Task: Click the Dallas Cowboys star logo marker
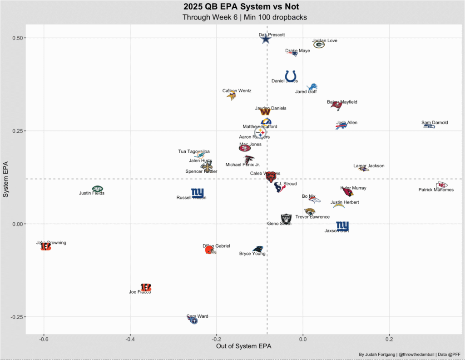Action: [266, 39]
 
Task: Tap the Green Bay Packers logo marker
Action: [319, 45]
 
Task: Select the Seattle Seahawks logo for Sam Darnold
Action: [429, 125]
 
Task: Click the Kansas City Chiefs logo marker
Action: [441, 185]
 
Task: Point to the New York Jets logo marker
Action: [98, 189]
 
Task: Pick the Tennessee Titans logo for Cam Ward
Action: [194, 320]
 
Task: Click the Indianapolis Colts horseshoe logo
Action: [291, 76]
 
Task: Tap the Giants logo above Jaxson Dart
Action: [342, 225]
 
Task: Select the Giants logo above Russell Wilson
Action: [198, 193]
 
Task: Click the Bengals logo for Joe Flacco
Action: [146, 287]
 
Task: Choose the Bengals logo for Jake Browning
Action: [45, 247]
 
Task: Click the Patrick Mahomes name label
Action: [436, 190]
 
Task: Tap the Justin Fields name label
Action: [92, 193]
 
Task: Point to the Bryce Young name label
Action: [252, 254]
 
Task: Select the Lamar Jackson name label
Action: [369, 166]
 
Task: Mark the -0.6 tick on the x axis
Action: [44, 339]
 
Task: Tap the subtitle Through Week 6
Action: [244, 18]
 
